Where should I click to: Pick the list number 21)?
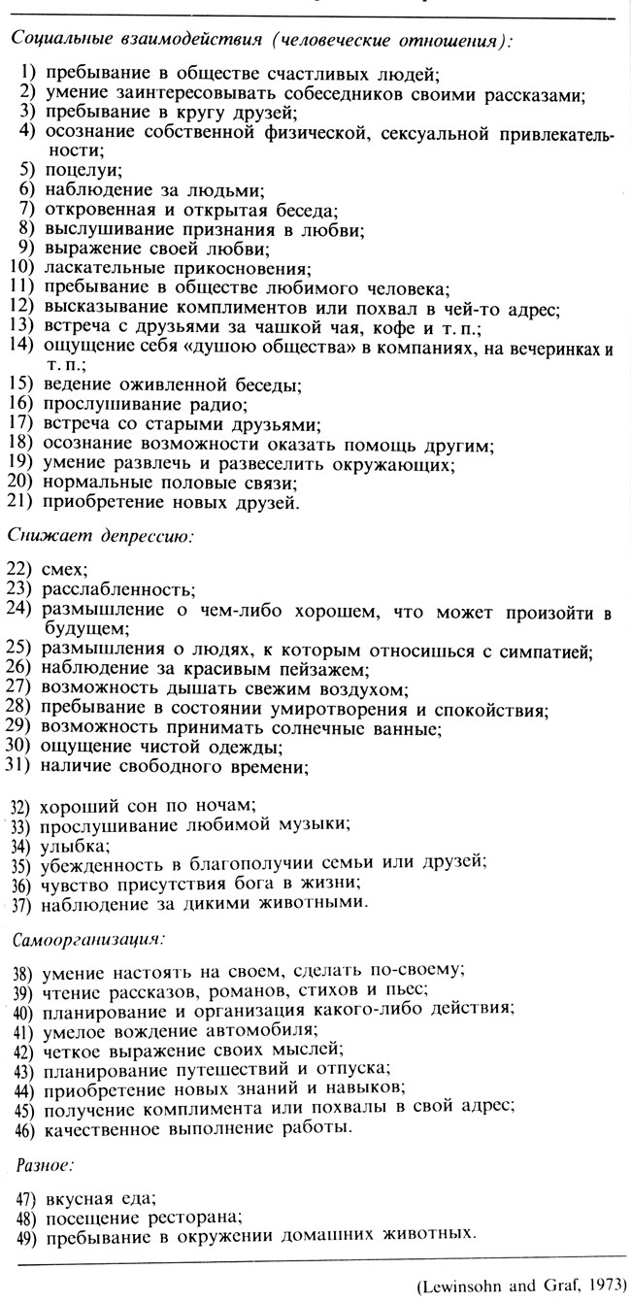pyautogui.click(x=20, y=502)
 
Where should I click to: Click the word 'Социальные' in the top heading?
pyautogui.click(x=58, y=41)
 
